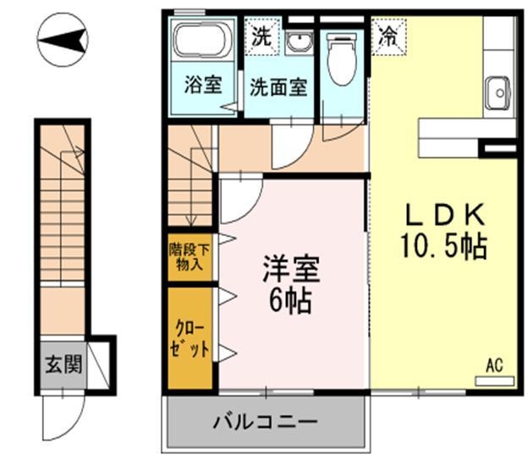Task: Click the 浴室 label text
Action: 204,86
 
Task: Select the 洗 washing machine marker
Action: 261,36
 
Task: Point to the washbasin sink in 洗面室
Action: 297,42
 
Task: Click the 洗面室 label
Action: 278,86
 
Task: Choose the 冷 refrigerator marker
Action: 388,36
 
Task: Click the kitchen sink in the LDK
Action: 498,91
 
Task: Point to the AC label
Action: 495,366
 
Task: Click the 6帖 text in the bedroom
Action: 289,300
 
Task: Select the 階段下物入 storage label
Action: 190,256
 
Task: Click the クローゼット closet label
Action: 190,338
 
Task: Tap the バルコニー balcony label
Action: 264,421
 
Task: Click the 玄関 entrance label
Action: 63,366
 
